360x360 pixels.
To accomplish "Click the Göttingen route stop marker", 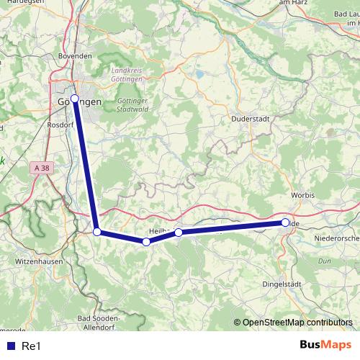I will (74, 98).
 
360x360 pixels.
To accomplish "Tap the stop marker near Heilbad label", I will (179, 232).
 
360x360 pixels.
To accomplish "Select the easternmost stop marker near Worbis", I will (285, 222).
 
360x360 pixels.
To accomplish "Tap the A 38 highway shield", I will (42, 168).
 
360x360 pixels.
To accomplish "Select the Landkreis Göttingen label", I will (127, 76).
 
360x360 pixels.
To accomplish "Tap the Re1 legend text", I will (32, 346).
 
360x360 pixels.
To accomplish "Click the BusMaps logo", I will (325, 345).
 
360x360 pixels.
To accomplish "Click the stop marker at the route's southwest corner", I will (97, 232).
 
